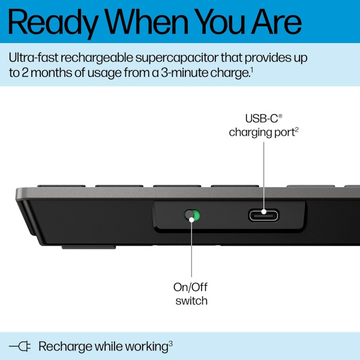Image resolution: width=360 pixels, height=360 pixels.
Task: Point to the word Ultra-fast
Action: coord(35,58)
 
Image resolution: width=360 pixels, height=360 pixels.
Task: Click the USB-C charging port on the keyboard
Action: coord(263,215)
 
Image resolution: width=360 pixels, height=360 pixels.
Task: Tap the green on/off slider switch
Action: coord(192,215)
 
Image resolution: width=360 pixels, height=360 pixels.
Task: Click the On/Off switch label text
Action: coord(191,294)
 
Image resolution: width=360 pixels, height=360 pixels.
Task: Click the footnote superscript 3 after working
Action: coord(170,343)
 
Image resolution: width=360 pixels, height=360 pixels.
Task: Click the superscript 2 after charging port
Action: coord(296,128)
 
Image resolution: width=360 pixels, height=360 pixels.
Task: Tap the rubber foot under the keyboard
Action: coord(89,245)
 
